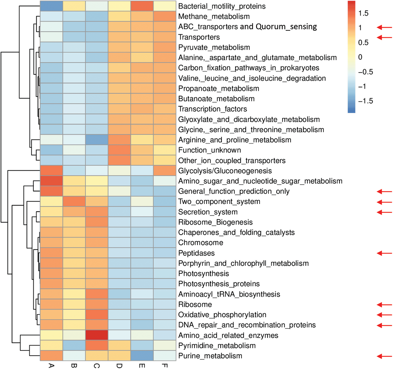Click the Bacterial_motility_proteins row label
(x=222, y=6)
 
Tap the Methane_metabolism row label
(x=214, y=16)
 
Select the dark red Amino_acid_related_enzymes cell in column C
(x=97, y=335)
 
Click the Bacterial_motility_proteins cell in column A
(x=51, y=6)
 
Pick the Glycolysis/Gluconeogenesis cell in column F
(x=165, y=171)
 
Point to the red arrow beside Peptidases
(x=384, y=253)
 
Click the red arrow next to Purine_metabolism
(x=384, y=356)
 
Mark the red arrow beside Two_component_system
(x=384, y=202)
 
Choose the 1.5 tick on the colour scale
(x=363, y=13)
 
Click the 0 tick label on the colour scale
(x=360, y=57)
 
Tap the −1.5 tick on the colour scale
(x=365, y=101)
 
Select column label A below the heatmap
(x=51, y=366)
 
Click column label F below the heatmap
(x=165, y=366)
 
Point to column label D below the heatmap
(x=119, y=366)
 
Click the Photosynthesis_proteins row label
(x=219, y=284)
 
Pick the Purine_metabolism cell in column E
(x=142, y=356)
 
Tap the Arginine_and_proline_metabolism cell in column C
(x=97, y=140)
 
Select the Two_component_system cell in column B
(x=74, y=201)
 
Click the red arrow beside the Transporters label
(x=384, y=38)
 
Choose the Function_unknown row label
(x=209, y=150)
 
